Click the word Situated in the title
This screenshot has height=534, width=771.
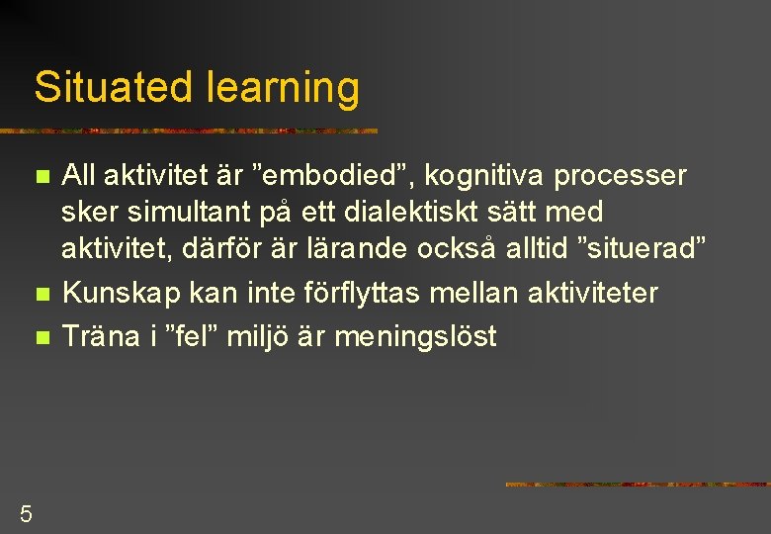pos(116,87)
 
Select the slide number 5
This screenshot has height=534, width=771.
pos(26,513)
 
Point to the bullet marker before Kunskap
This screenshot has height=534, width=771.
pos(41,295)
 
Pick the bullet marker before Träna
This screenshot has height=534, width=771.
pos(41,337)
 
